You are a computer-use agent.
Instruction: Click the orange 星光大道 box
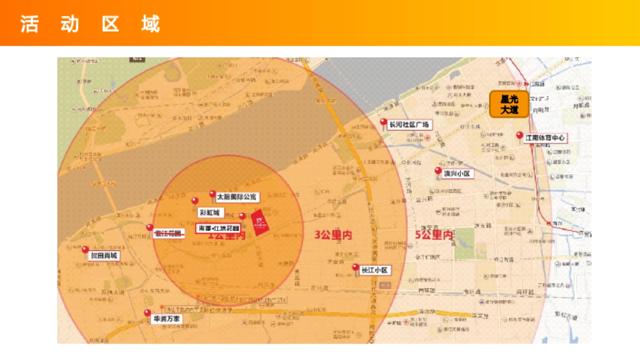pos(509,104)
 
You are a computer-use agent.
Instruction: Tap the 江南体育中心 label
pos(545,138)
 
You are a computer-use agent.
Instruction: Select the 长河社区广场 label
pos(409,125)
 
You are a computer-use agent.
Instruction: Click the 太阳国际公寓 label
pos(237,197)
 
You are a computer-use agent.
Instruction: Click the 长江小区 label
pos(375,270)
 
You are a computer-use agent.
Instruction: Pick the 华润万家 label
pos(167,319)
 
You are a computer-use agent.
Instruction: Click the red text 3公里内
pos(333,235)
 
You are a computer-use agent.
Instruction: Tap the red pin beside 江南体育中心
pos(519,135)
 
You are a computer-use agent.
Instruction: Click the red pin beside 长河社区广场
pos(383,122)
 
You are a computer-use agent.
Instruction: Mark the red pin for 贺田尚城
pos(85,249)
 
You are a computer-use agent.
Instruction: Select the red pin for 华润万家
pos(147,313)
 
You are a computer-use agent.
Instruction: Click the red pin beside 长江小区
pos(355,267)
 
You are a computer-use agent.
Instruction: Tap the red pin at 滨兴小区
pos(438,171)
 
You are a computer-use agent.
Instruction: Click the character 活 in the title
pos(29,24)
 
